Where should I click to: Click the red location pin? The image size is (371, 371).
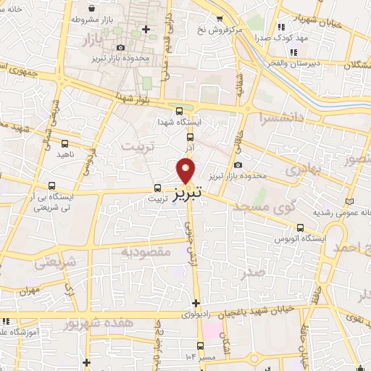(186, 171)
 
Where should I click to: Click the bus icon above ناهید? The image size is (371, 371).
(63, 142)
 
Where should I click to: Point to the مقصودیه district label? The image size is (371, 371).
(145, 251)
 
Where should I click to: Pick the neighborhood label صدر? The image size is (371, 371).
(253, 271)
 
